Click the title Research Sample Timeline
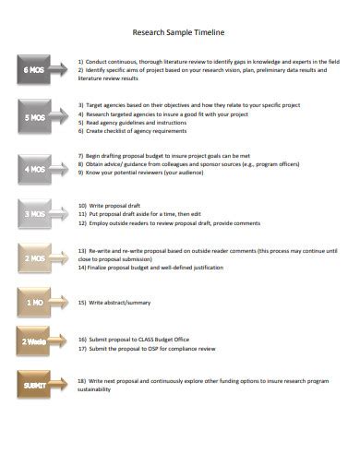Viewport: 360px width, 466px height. pos(179,30)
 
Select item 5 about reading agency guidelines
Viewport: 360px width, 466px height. pos(138,123)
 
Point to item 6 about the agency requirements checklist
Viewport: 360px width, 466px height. pos(138,132)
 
